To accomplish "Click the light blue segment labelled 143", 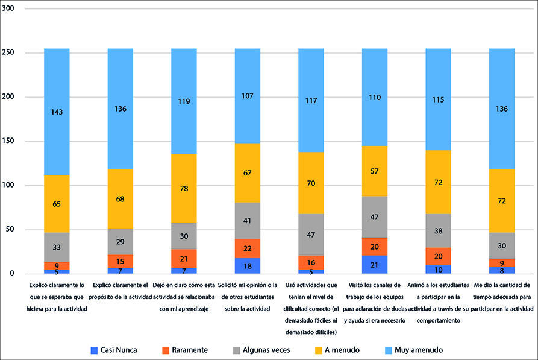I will [57, 112].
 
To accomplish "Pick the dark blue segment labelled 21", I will [375, 264].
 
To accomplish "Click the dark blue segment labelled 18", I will [248, 266].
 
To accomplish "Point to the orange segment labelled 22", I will [248, 248].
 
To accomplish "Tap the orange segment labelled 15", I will [120, 261].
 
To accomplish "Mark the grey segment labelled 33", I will [57, 247].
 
